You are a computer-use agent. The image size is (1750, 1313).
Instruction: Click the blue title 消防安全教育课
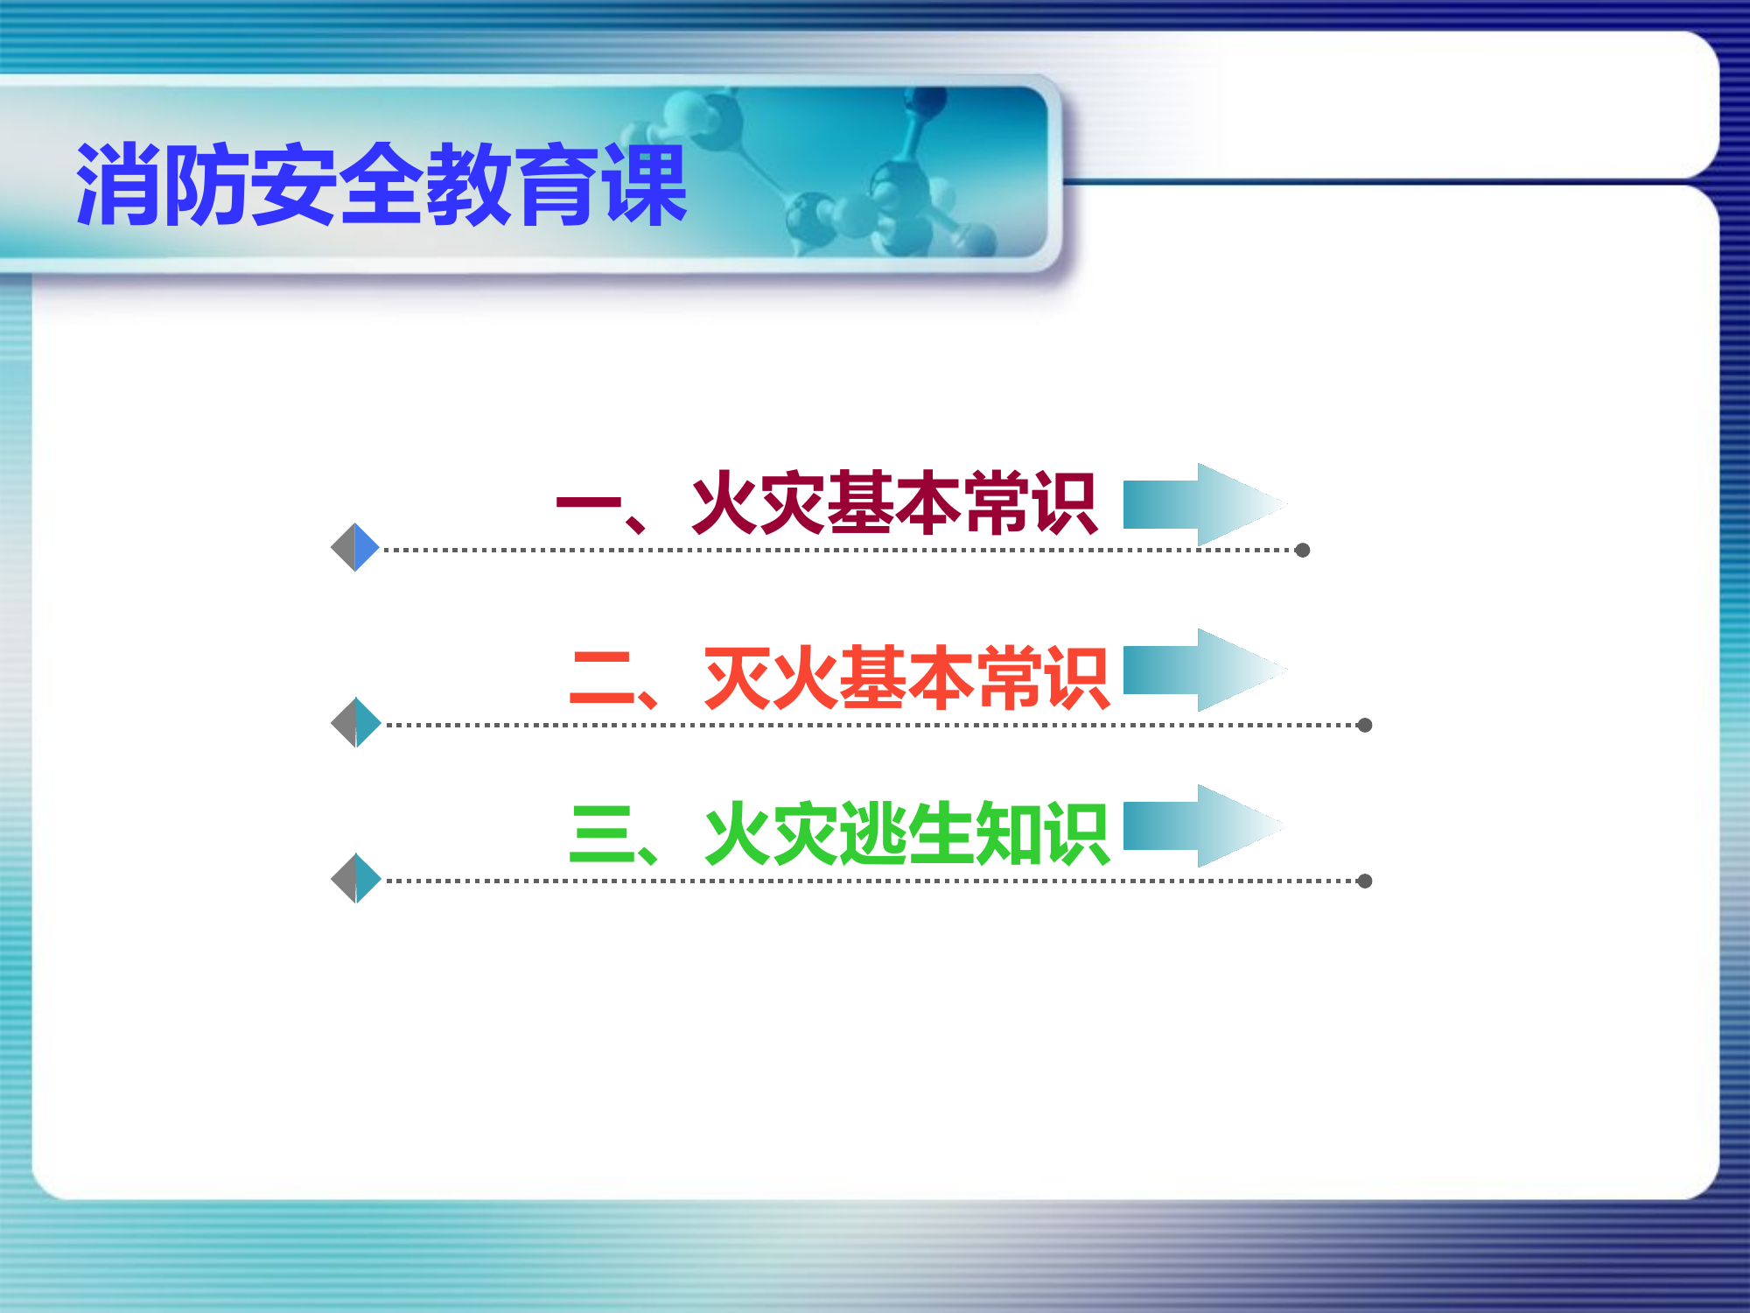click(381, 185)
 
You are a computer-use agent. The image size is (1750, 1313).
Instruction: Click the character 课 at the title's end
click(645, 185)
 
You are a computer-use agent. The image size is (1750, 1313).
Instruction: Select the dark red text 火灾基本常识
click(893, 502)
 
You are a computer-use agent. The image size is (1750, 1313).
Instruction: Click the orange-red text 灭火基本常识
click(906, 678)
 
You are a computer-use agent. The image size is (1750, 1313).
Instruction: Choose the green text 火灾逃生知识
click(906, 833)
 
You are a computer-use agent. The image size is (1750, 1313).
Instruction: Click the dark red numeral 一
click(588, 502)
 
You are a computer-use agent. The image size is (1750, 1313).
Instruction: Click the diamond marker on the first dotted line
click(355, 548)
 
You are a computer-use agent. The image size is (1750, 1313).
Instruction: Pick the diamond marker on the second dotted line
click(356, 723)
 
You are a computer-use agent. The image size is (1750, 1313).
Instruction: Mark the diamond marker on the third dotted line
click(356, 878)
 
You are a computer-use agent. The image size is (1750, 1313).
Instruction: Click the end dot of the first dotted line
click(1302, 550)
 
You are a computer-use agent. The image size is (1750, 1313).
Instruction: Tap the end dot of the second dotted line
click(1364, 725)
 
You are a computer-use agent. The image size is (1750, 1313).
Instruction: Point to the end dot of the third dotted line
click(1364, 881)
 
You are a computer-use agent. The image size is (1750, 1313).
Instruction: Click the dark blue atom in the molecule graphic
click(927, 102)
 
